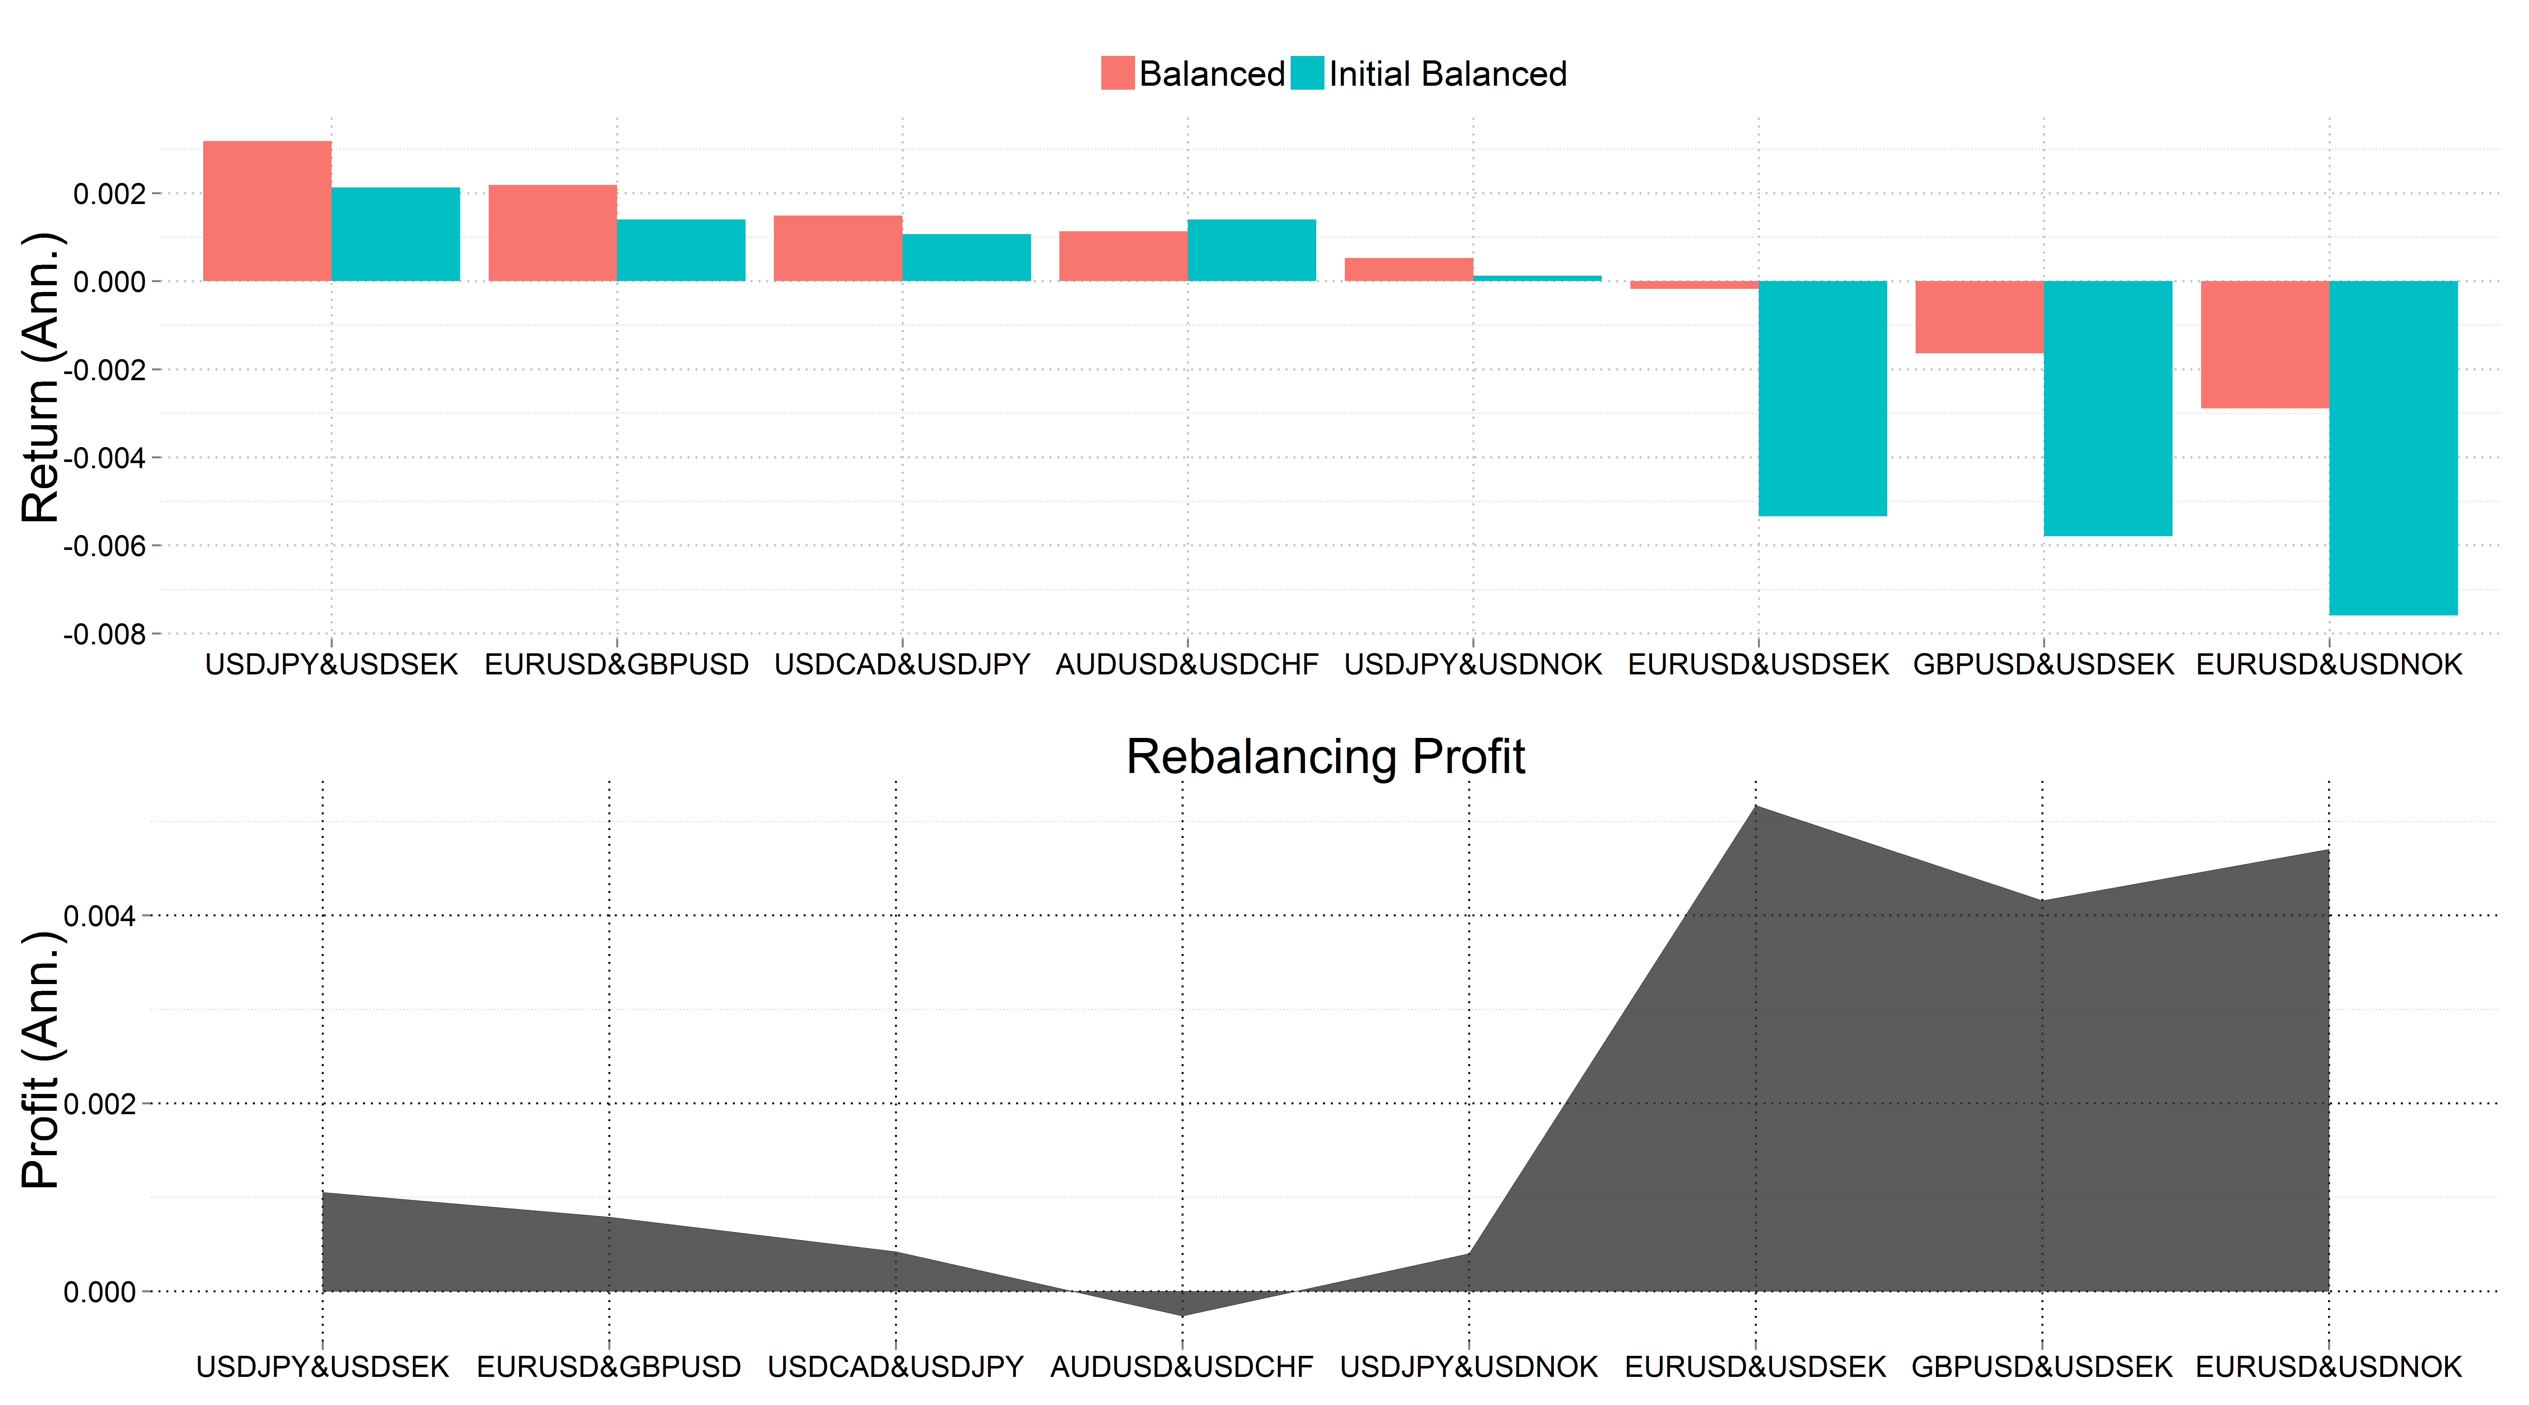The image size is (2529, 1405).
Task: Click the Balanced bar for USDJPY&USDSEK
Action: (x=267, y=211)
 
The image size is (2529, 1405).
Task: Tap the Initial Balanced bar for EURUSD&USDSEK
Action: (x=1822, y=398)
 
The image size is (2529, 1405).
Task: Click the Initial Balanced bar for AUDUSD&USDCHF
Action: (x=1252, y=250)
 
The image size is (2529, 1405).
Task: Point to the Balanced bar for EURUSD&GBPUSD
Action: (x=553, y=233)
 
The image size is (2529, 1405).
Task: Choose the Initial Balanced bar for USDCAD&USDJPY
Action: (x=966, y=257)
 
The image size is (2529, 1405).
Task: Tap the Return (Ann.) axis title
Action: (x=41, y=378)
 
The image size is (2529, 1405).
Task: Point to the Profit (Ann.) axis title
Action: (x=41, y=1060)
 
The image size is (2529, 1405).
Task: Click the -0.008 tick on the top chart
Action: (x=104, y=634)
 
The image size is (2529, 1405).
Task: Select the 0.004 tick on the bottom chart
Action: (x=99, y=916)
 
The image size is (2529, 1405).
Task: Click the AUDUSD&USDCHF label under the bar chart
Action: (x=1187, y=665)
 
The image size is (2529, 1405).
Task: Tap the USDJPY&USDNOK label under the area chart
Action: (x=1469, y=1367)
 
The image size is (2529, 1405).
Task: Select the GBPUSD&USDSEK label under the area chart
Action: (x=2042, y=1367)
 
